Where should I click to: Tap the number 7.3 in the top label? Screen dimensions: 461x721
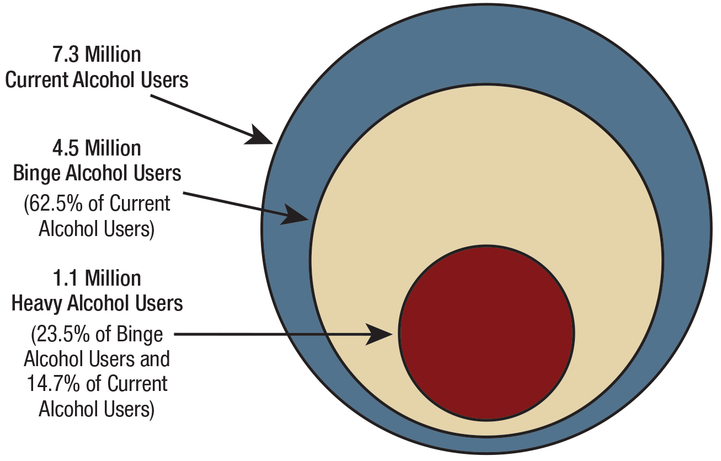click(66, 55)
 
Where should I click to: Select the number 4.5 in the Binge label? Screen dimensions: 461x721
click(66, 148)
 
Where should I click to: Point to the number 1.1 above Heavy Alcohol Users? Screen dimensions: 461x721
click(66, 278)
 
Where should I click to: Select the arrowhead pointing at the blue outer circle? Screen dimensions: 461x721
click(258, 136)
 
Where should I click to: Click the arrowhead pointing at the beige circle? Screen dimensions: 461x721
click(293, 214)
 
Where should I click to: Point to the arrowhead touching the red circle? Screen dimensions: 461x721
click(381, 334)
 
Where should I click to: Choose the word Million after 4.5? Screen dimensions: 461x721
click(114, 148)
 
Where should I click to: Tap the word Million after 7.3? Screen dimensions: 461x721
click(114, 55)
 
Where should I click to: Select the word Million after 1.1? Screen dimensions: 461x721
click(114, 278)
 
